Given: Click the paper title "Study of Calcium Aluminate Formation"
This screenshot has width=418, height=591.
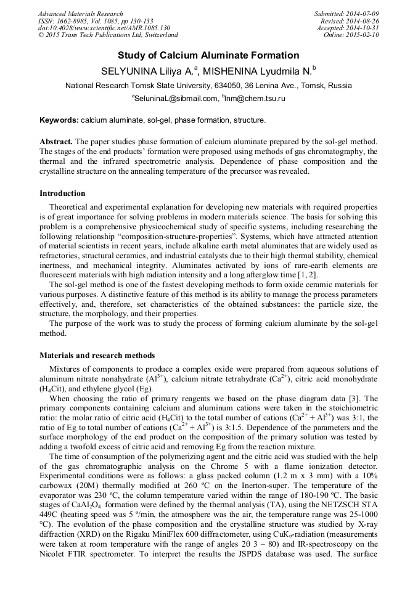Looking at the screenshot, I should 208,55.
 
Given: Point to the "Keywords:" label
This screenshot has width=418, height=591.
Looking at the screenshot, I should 59,120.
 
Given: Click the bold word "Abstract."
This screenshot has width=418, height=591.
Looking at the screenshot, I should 56,142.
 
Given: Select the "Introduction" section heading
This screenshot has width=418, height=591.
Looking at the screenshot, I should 62,194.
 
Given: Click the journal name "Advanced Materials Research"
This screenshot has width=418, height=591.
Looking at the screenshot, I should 81,14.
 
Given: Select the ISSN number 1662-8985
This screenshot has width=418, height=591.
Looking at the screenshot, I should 75,21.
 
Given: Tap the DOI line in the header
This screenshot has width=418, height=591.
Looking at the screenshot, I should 104,28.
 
